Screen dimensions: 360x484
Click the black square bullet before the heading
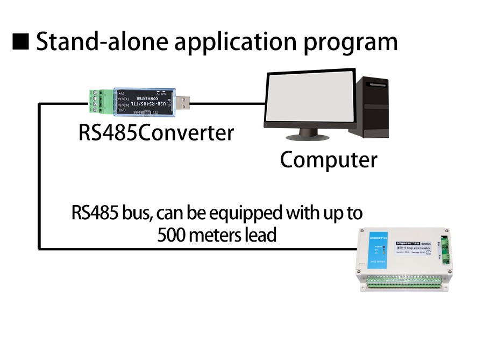pyautogui.click(x=21, y=42)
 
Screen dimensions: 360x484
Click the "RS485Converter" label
pyautogui.click(x=156, y=132)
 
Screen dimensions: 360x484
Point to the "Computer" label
pyautogui.click(x=329, y=160)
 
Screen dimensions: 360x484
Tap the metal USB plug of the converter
pyautogui.click(x=182, y=102)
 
